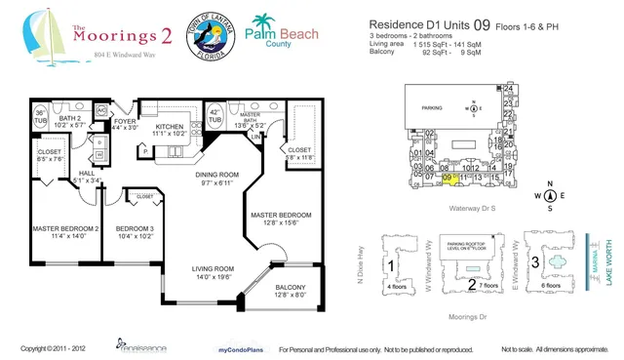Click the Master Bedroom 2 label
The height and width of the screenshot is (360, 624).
[65, 229]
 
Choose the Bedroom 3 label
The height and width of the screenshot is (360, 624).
[133, 229]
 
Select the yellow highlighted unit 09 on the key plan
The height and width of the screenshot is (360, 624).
[448, 179]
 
